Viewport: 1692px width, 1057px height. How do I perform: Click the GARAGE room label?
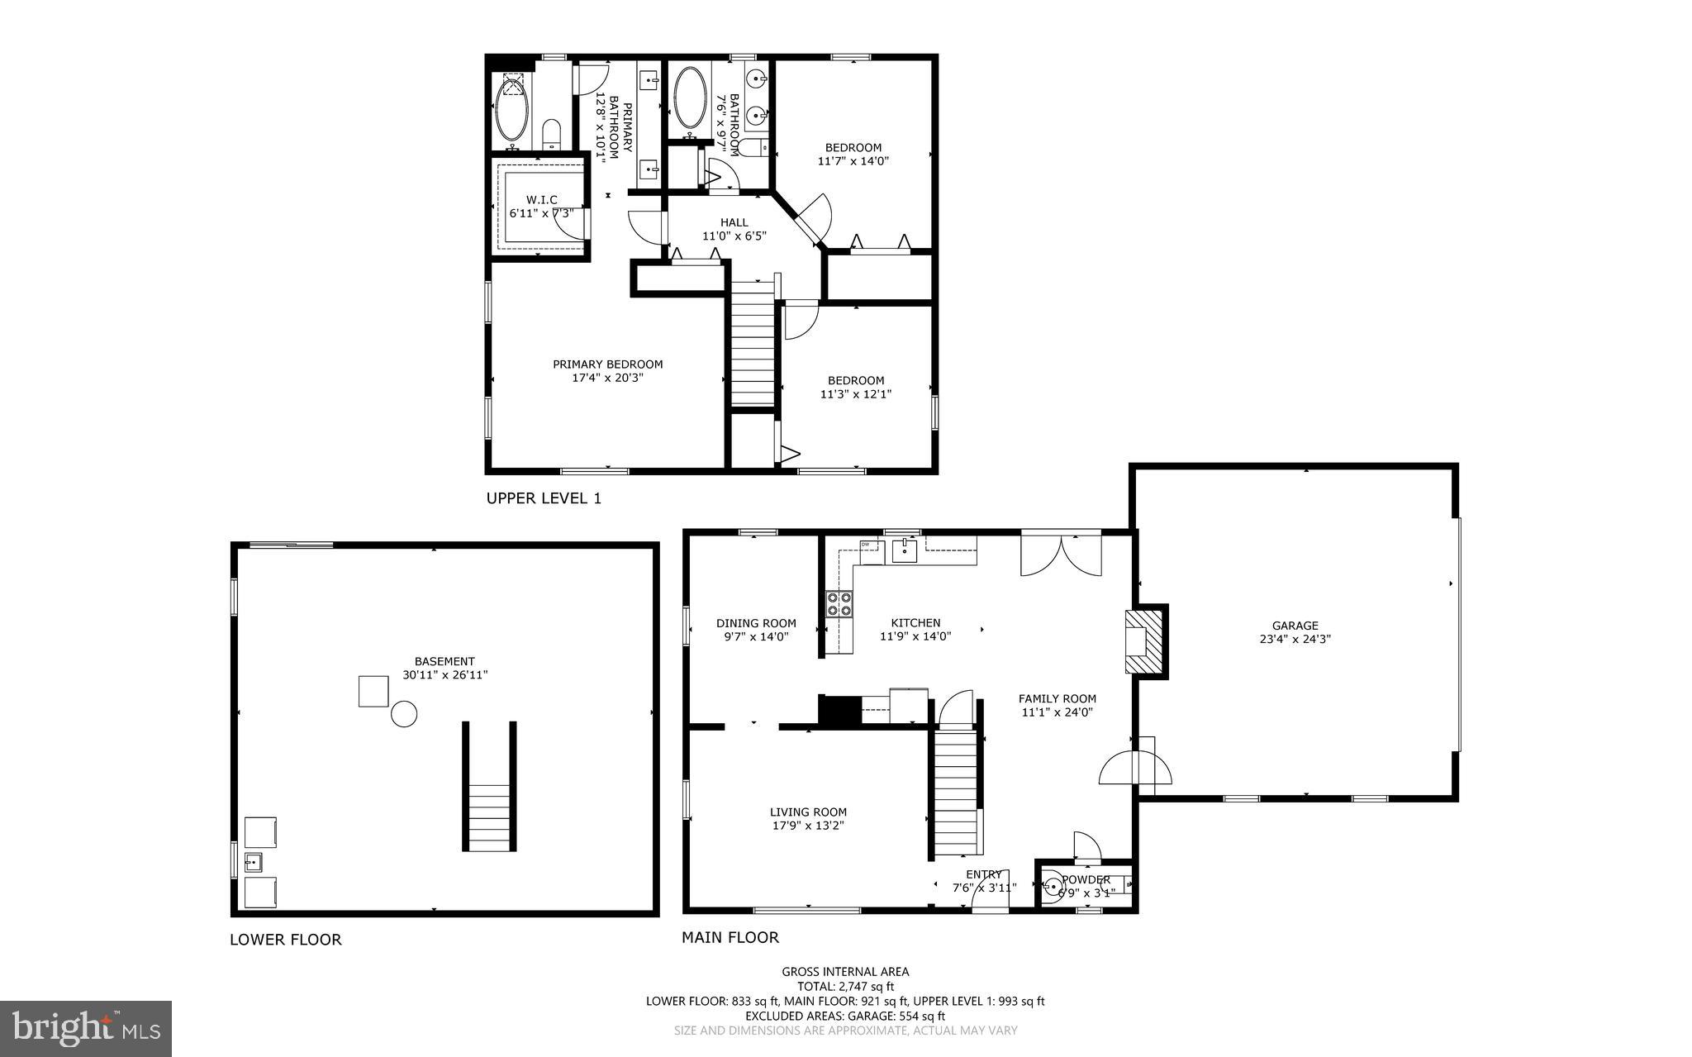[1295, 626]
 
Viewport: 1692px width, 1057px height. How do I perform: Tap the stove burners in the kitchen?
[839, 604]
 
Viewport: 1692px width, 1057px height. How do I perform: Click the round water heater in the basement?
[404, 714]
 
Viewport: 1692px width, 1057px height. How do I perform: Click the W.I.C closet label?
[542, 200]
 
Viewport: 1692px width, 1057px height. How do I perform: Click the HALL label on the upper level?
[734, 222]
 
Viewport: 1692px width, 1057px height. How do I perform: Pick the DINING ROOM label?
[756, 623]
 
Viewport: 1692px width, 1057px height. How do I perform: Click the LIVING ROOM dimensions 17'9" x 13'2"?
[808, 826]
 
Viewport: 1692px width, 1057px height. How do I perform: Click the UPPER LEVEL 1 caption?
[544, 498]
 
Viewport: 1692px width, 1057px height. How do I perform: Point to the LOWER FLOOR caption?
[285, 940]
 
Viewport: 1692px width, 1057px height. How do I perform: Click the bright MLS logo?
[86, 1028]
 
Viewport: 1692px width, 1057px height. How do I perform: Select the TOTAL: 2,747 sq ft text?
[845, 986]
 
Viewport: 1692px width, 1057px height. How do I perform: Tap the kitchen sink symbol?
[905, 549]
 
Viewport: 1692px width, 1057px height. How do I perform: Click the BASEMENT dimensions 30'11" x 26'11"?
[444, 675]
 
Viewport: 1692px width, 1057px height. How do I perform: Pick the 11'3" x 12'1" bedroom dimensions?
[855, 395]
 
